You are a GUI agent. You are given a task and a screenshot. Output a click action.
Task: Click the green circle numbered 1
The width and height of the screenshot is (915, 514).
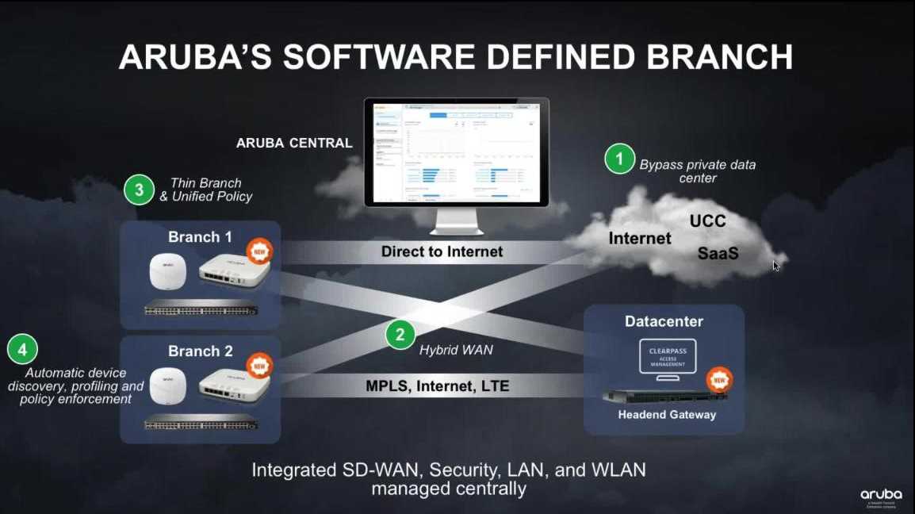coord(619,159)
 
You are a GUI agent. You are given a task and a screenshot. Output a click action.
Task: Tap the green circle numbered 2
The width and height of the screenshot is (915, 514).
coord(400,334)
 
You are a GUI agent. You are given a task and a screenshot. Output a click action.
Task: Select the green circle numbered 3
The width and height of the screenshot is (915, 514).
coord(139,190)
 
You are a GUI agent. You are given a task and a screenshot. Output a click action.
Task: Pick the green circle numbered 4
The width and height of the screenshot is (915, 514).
coord(22,349)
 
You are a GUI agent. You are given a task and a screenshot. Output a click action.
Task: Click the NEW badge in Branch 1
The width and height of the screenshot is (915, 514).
coord(259,252)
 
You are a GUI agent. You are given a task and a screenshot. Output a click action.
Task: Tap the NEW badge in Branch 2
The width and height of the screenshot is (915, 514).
coord(259,366)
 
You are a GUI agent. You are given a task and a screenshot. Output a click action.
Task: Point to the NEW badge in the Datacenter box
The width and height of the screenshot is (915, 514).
coord(718,380)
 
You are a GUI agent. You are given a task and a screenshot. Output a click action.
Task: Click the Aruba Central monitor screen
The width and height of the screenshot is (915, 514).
coord(456,153)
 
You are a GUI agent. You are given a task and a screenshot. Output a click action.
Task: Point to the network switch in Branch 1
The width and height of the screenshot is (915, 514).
coord(201,310)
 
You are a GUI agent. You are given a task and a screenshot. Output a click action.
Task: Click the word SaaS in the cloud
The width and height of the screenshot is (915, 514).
coord(718,253)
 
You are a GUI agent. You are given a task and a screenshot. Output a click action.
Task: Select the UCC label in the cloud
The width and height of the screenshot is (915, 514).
coord(707,221)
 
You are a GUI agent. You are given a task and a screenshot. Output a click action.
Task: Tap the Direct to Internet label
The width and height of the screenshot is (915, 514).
coord(442,251)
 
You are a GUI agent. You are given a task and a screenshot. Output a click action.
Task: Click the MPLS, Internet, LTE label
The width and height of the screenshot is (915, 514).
coord(437,386)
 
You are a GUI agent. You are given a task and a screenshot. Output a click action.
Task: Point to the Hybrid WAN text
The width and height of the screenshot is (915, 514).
coord(450,349)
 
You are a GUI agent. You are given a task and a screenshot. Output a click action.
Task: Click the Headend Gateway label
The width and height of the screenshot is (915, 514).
coord(667,414)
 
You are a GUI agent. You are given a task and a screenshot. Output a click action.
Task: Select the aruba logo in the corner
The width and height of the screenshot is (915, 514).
coord(881,495)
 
